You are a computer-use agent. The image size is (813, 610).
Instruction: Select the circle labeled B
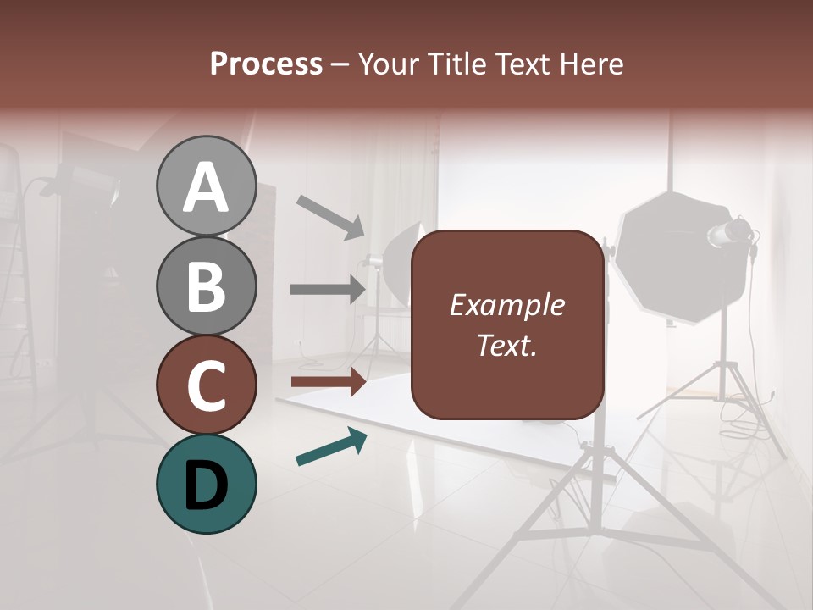207,286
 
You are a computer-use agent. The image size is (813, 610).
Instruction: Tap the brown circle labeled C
207,385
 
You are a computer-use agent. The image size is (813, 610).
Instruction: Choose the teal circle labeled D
207,484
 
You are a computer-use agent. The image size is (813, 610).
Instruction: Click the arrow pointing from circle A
330,217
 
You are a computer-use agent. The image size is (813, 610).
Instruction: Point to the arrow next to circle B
328,290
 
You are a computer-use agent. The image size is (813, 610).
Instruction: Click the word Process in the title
266,64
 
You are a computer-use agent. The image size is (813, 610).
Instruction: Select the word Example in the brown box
506,306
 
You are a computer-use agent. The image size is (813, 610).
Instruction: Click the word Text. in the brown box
506,345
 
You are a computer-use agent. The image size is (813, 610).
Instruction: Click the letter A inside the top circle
207,188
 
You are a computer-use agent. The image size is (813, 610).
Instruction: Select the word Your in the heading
385,64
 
